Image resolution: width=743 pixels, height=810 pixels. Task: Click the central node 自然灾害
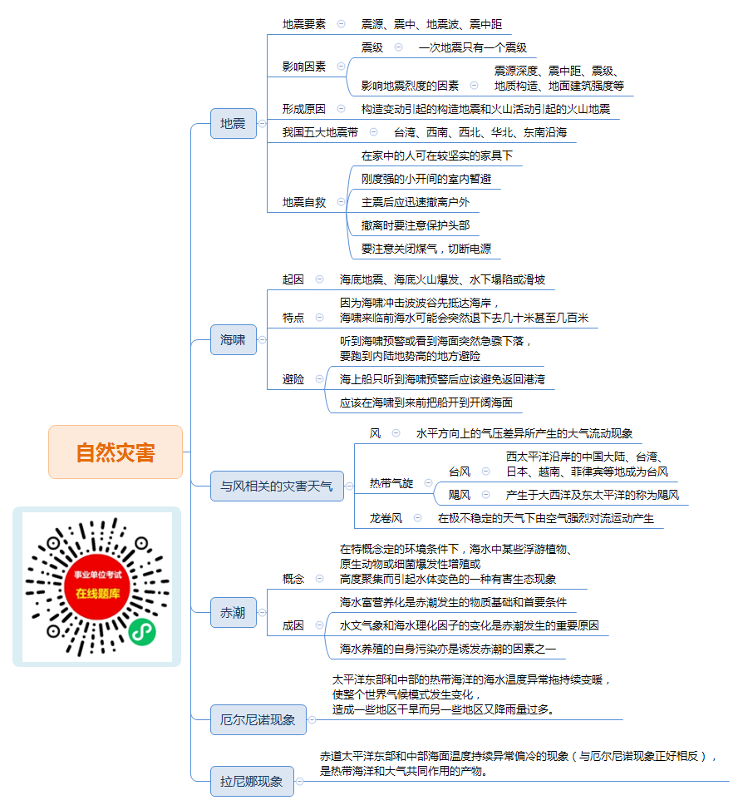116,452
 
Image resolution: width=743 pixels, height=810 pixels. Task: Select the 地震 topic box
234,123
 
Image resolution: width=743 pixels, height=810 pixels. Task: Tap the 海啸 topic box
234,339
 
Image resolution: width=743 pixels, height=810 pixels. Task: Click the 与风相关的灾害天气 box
277,486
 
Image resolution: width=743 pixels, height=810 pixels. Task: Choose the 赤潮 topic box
234,612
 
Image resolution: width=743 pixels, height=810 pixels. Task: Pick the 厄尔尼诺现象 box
258,719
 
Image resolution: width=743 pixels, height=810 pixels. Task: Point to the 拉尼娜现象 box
252,781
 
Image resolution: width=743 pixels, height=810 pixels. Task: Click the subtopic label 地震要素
304,24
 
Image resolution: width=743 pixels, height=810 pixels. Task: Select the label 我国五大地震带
320,132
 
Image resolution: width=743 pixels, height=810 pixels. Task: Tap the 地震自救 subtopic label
304,202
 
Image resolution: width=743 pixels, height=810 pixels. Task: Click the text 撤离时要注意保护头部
416,225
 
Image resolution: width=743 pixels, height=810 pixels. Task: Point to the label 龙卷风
386,518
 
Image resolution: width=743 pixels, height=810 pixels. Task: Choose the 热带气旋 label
391,483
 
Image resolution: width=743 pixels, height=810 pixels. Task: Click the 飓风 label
460,495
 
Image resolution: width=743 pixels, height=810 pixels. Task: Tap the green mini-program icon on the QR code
142,631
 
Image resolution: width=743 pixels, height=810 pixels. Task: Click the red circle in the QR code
97,586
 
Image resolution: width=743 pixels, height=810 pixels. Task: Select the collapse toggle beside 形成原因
341,108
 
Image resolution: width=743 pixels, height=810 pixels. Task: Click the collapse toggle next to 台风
485,472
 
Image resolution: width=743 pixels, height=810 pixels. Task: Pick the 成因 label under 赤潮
293,625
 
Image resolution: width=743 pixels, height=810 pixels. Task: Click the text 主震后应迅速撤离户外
416,202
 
